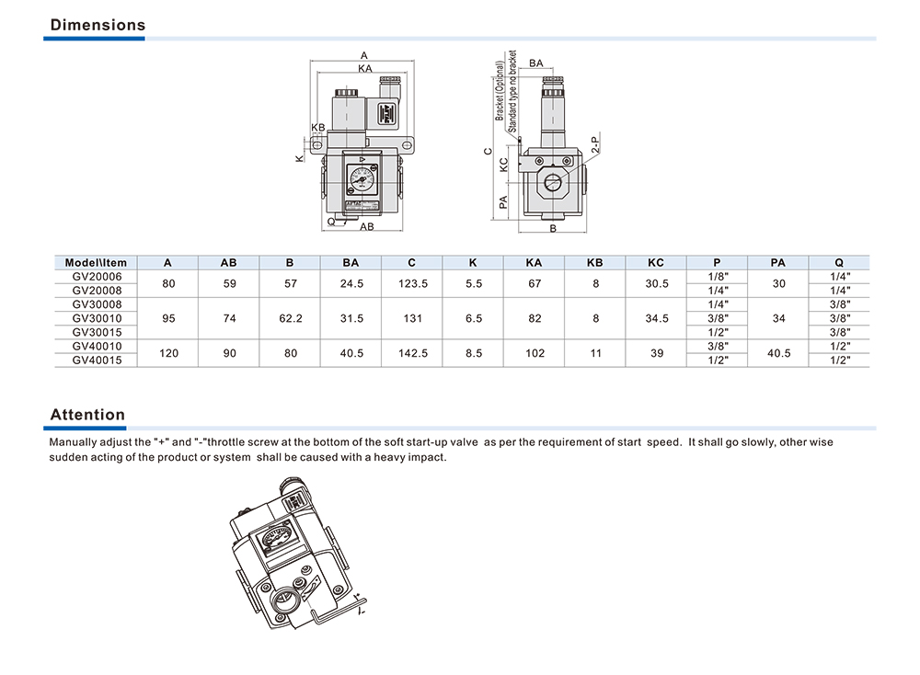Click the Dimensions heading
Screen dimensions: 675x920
98,25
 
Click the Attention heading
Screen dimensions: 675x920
87,415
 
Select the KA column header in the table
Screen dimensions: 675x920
534,263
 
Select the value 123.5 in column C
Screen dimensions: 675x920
411,283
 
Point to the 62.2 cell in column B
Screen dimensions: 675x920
291,318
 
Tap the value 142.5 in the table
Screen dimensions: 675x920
411,353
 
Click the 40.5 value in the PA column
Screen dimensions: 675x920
778,353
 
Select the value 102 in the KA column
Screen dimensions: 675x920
534,353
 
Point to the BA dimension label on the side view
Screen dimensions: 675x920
535,63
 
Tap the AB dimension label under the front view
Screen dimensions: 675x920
366,226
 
